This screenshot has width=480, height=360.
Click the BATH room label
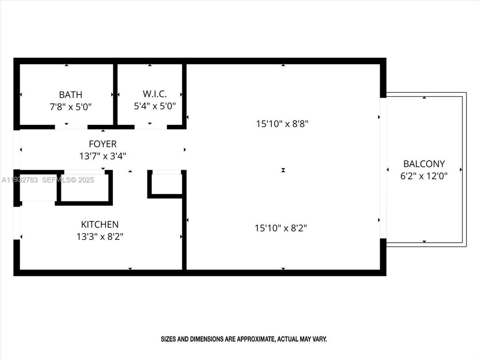(x=71, y=94)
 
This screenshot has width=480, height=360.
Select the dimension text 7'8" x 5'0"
(x=71, y=107)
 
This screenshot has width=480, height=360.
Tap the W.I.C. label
(x=154, y=94)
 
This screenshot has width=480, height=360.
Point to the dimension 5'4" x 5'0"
(x=154, y=106)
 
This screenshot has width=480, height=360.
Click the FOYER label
(x=103, y=144)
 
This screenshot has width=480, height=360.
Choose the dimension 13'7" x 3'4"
(x=103, y=156)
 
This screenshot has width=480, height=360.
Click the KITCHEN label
(x=99, y=224)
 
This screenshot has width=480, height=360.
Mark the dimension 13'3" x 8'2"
(x=99, y=236)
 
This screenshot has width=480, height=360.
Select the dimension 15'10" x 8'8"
(x=283, y=124)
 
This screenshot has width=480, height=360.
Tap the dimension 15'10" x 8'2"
(x=281, y=228)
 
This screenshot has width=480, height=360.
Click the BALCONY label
(x=424, y=164)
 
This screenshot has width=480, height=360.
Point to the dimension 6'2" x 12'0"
(x=424, y=176)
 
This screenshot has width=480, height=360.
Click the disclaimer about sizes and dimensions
(x=244, y=339)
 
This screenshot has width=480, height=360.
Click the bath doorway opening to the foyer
(x=71, y=127)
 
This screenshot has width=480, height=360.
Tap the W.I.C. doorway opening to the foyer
(x=150, y=127)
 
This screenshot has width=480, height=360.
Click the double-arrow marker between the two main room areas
(x=283, y=170)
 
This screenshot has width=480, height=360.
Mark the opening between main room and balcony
(x=383, y=168)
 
